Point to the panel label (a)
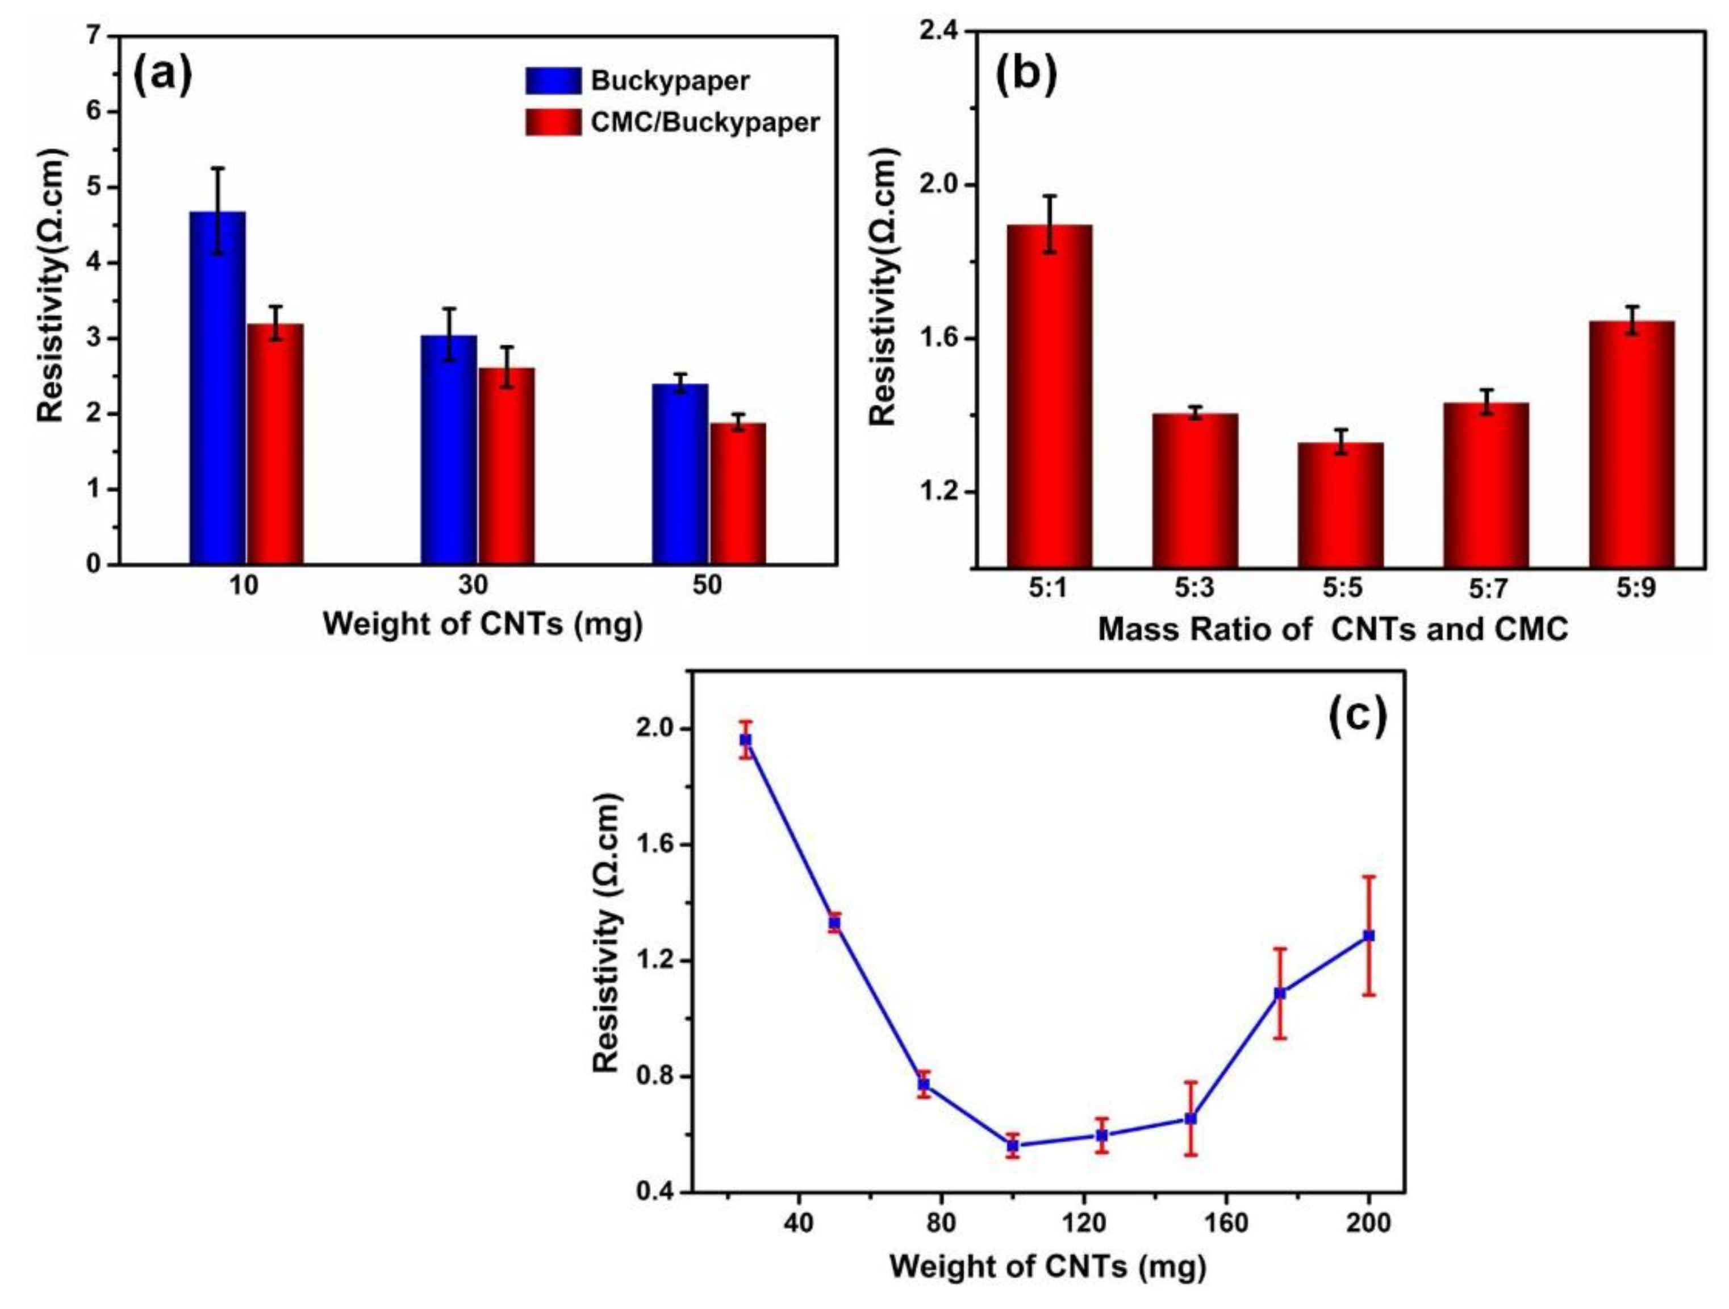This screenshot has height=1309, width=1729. point(162,77)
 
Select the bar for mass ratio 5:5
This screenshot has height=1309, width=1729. point(1340,504)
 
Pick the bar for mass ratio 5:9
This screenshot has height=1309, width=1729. point(1632,443)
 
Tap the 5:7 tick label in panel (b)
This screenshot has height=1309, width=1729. point(1486,589)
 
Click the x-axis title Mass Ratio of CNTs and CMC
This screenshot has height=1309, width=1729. point(1333,629)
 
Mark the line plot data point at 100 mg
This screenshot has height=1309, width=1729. point(1013,1146)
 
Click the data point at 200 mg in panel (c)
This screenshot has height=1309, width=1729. point(1369,935)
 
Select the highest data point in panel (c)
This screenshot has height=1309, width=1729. point(746,739)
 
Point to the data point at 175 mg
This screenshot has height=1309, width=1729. point(1280,993)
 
